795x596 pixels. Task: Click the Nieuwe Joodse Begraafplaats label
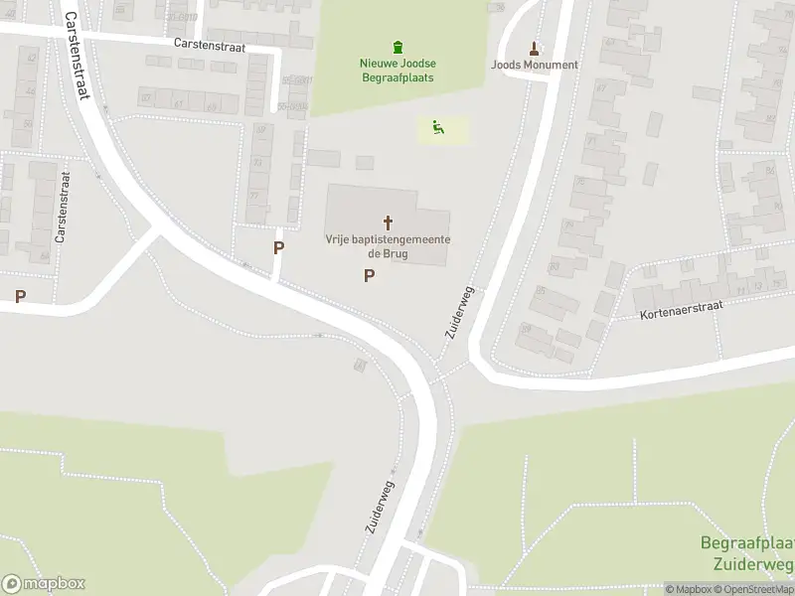[397, 71]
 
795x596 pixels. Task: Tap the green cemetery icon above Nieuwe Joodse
[397, 47]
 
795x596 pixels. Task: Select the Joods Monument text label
[534, 66]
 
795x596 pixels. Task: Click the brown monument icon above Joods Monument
[534, 48]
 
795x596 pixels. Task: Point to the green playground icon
[437, 127]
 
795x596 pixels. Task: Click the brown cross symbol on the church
[388, 223]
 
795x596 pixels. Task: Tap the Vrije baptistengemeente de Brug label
[388, 247]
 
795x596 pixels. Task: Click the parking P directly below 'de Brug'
[370, 276]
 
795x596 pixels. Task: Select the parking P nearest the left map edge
[20, 296]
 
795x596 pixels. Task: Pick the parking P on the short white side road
[279, 247]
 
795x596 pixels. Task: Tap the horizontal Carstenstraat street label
[215, 44]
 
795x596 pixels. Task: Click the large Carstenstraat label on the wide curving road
[76, 56]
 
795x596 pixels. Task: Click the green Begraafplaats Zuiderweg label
[747, 553]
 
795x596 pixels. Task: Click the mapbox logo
[43, 584]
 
